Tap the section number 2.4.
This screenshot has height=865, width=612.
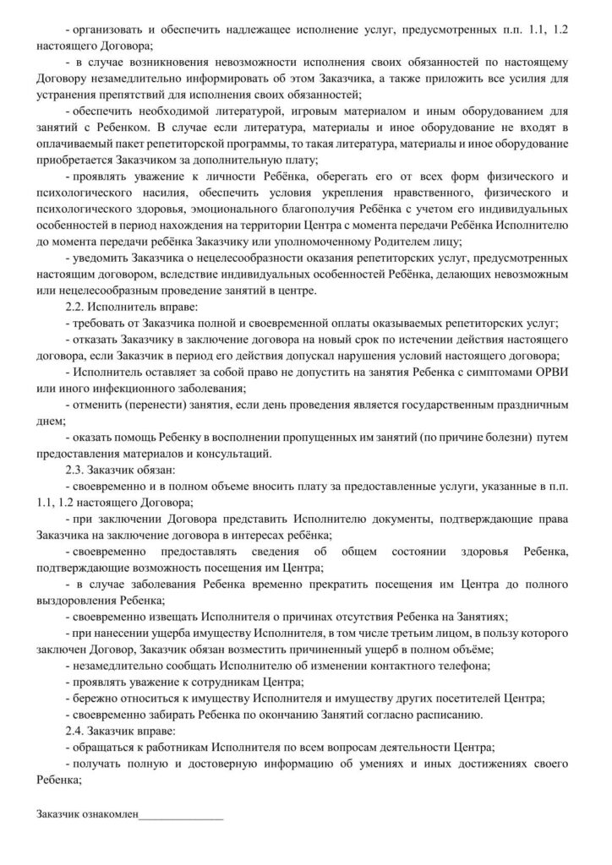[x=78, y=728]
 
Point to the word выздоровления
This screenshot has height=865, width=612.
[x=79, y=600]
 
